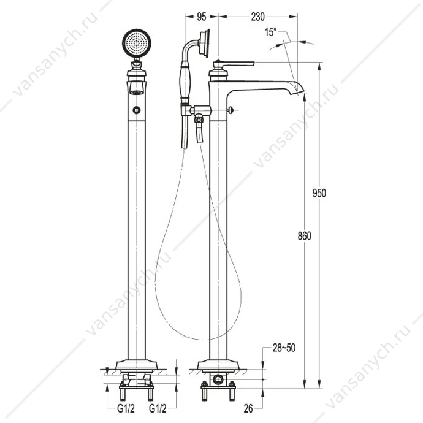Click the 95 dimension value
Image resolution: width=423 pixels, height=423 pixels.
tap(202, 17)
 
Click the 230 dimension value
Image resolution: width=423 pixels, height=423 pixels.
tap(257, 17)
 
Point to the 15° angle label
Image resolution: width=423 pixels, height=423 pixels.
tap(271, 32)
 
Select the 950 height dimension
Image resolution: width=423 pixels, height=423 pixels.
tap(319, 193)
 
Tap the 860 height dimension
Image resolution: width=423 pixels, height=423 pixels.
tap(304, 236)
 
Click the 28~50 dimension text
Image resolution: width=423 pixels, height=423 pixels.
tap(284, 348)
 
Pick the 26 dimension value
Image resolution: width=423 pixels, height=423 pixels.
tap(248, 408)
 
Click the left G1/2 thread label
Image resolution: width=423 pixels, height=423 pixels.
tap(126, 408)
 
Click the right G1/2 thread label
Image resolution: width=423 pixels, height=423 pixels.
tap(158, 408)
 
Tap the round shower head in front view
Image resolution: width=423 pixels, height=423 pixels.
tap(137, 43)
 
